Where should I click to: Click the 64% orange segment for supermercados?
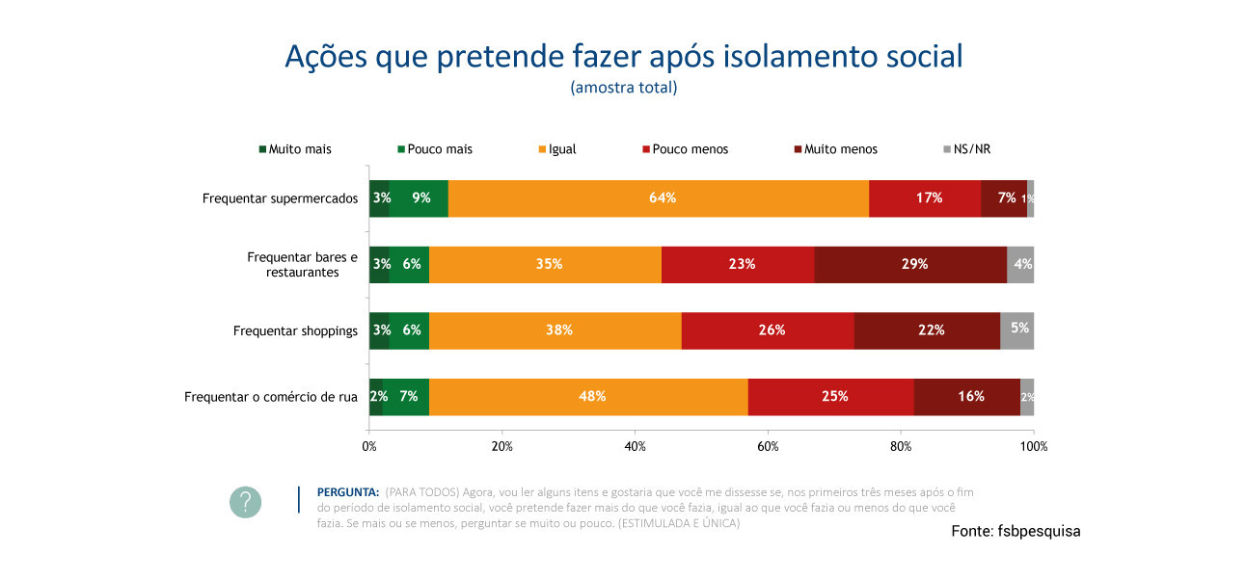659,198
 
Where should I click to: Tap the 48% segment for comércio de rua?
591,397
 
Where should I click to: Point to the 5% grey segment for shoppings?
1017,330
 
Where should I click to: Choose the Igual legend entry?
562,149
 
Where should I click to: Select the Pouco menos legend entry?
690,149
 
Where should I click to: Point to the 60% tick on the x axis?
768,446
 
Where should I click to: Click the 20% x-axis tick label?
501,446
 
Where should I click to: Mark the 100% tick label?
1033,446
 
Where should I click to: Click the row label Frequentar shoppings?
295,330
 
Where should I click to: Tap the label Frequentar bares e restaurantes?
302,265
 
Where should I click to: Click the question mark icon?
245,502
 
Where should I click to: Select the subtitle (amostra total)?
623,88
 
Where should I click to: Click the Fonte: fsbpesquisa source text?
1016,532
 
